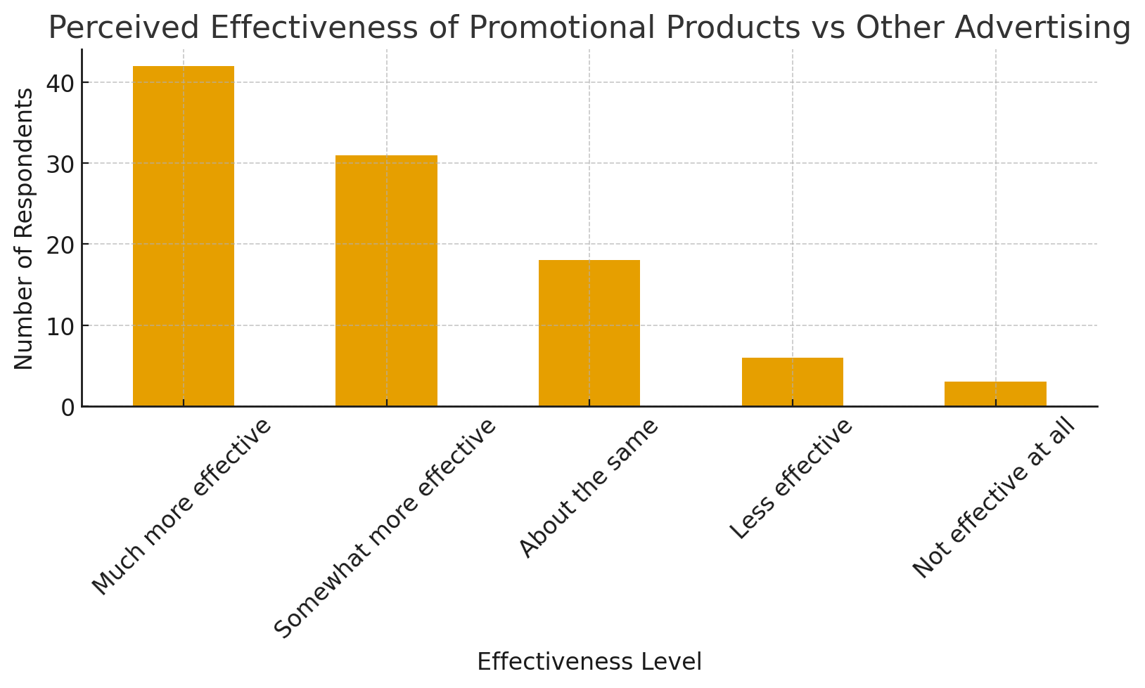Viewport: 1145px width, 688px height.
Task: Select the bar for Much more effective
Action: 184,236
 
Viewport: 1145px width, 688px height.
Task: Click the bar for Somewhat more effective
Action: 386,281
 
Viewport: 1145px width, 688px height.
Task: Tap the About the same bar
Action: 589,333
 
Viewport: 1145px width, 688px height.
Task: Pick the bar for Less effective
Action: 792,382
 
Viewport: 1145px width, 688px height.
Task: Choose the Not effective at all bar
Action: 995,394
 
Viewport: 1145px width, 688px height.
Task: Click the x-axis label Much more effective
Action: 181,507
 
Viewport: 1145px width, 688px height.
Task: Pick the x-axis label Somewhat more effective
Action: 385,528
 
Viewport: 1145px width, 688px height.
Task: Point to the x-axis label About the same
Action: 589,488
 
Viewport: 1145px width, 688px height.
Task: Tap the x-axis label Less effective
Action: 791,479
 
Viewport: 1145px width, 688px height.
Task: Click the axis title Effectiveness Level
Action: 589,662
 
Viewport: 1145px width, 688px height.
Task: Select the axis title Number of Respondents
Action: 24,228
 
